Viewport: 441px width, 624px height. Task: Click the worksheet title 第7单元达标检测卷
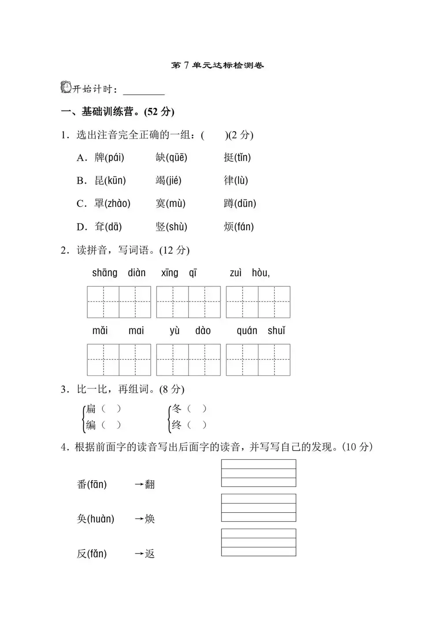click(x=217, y=66)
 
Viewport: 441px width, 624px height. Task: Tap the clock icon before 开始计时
click(x=66, y=87)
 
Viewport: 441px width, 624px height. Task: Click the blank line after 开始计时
click(x=144, y=90)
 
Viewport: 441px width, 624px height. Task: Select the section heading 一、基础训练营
click(x=117, y=112)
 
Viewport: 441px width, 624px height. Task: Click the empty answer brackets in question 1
click(x=214, y=135)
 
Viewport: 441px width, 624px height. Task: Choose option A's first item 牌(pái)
click(x=109, y=158)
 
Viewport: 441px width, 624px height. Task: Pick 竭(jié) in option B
click(x=168, y=180)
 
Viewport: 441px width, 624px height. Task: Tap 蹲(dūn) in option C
click(x=240, y=203)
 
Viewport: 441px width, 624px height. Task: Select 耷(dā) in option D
click(x=108, y=227)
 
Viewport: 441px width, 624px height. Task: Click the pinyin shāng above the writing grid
click(x=105, y=273)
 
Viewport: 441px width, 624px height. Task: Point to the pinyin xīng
click(x=170, y=273)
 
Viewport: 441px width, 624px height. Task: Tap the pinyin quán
click(x=247, y=331)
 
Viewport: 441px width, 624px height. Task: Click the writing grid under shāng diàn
click(x=119, y=302)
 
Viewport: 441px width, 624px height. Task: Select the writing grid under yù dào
click(x=188, y=360)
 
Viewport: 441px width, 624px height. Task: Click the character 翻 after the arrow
click(x=150, y=485)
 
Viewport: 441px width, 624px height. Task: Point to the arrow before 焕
click(x=139, y=519)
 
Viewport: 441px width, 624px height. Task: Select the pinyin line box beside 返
click(x=258, y=542)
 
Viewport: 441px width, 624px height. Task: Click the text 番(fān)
click(x=92, y=485)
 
